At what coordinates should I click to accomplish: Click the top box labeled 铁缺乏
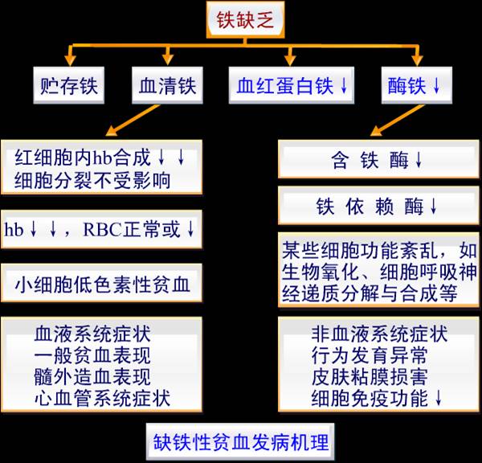(245, 20)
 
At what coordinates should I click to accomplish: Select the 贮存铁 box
(69, 85)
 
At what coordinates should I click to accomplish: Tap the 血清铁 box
(168, 85)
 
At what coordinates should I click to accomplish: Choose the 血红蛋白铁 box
(292, 85)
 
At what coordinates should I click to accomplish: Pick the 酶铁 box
(417, 85)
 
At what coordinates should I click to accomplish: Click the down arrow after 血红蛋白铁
(344, 85)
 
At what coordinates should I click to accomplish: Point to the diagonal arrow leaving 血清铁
(133, 120)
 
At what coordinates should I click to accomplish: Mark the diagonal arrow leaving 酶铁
(398, 120)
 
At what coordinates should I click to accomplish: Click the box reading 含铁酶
(378, 159)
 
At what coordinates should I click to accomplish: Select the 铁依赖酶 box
(378, 205)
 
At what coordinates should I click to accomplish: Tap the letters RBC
(103, 230)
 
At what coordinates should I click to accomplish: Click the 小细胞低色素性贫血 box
(102, 283)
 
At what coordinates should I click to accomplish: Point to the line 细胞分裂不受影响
(92, 181)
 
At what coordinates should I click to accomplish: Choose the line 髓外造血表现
(92, 377)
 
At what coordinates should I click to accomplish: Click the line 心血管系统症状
(102, 399)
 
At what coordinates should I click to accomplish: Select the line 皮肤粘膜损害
(370, 377)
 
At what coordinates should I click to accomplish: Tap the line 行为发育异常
(370, 355)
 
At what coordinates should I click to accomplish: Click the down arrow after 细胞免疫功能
(439, 398)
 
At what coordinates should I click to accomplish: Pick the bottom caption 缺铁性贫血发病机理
(240, 442)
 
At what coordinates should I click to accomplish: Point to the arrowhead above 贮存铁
(71, 60)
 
